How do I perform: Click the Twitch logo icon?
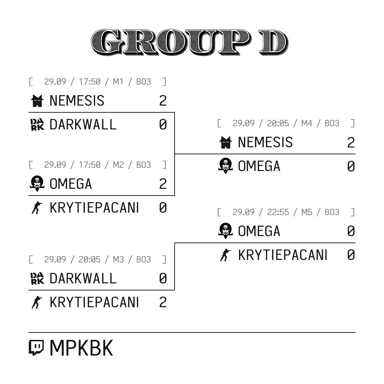coord(36,347)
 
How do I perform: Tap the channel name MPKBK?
coord(81,348)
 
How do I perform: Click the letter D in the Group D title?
coord(273,42)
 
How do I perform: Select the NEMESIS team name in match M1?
coord(77,101)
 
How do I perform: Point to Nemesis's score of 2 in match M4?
coord(351,142)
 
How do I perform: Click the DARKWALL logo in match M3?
coord(37,278)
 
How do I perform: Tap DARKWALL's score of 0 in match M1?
coord(163,124)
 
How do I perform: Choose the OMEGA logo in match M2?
coord(37,183)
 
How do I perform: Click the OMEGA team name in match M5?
coord(259,231)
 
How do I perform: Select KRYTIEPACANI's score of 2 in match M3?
coord(163,302)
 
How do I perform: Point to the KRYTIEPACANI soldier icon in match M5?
coord(225,255)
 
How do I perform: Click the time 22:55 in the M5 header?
coord(278,212)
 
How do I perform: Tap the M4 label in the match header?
coord(306,123)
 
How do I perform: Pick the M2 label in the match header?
coord(118,165)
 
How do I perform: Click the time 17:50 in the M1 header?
coord(89,81)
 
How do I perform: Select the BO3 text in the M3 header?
coord(144,259)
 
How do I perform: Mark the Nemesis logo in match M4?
coord(225,142)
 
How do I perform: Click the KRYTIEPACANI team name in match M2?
coord(94,208)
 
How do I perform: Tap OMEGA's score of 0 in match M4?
coord(351,166)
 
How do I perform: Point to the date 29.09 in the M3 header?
coord(55,259)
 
